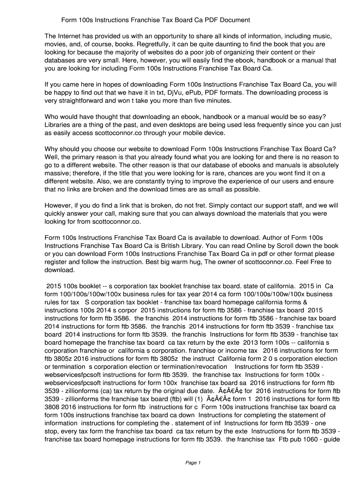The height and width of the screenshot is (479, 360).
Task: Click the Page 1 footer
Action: [193, 463]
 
